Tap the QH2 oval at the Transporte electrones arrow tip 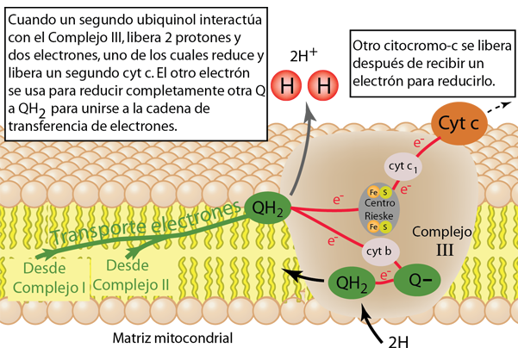pos(270,206)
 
